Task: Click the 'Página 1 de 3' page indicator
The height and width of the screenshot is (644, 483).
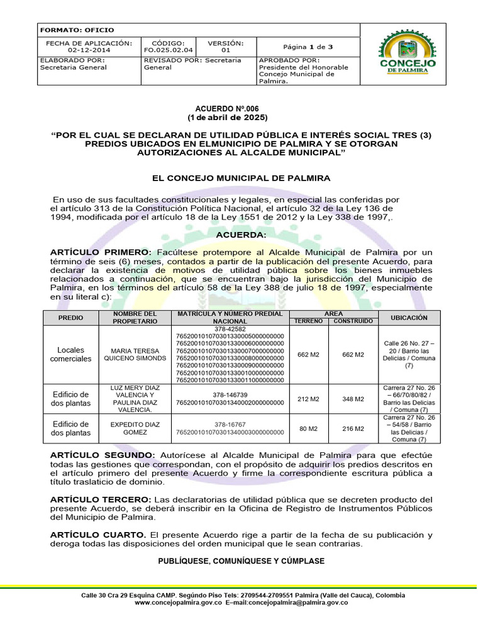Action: [x=308, y=47]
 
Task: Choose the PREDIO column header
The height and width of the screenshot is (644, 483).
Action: [x=70, y=318]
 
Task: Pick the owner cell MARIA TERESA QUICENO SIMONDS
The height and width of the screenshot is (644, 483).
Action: [x=138, y=354]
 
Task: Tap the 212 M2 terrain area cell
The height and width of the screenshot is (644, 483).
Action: [x=308, y=399]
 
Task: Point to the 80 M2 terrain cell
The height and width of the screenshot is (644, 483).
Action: [x=308, y=429]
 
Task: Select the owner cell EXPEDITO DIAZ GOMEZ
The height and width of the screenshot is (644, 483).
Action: [x=138, y=429]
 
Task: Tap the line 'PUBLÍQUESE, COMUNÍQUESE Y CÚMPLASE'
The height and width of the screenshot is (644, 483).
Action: [x=241, y=560]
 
